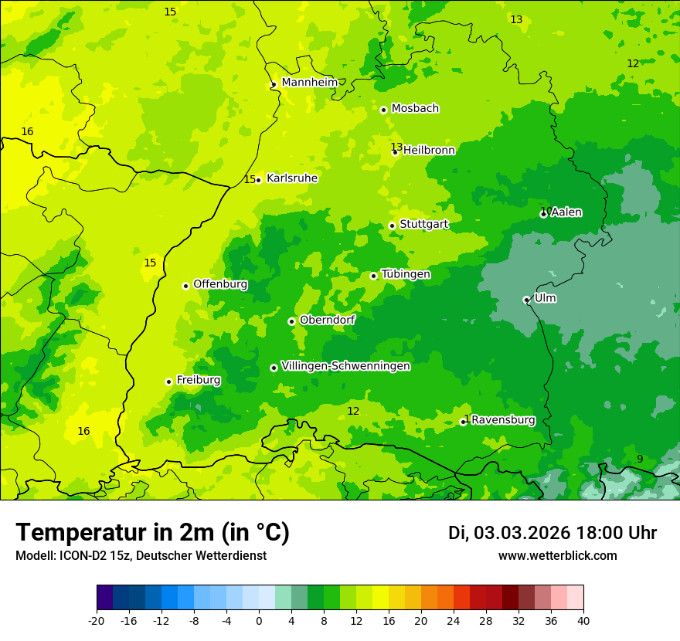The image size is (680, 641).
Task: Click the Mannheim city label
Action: coord(309,83)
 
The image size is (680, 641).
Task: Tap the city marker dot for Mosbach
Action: coord(383,110)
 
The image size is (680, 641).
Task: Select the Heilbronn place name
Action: coord(429,151)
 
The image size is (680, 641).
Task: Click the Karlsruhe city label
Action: coord(292,178)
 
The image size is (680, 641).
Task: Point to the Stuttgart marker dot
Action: coord(392,226)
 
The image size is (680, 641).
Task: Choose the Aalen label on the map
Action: coord(566,212)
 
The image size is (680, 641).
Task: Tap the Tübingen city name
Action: coord(406,274)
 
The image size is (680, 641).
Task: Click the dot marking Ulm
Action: coord(526,300)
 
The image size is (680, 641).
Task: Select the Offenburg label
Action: coord(220,284)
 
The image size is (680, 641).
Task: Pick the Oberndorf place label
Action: coord(327,320)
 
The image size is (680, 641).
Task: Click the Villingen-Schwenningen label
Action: coord(345,366)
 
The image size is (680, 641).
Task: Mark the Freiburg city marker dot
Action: coord(168,382)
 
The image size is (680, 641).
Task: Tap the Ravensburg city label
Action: coord(503,420)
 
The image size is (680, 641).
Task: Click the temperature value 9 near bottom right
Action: coord(640,460)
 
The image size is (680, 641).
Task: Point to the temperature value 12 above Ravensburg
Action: coord(353,411)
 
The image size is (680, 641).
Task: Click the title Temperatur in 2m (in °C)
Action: coord(152,532)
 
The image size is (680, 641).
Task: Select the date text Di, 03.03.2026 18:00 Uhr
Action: coord(552,533)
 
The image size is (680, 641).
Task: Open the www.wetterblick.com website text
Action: coord(557,556)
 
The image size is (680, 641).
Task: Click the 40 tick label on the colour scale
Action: coord(583,621)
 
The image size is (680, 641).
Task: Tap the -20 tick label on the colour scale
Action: coord(96,621)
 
